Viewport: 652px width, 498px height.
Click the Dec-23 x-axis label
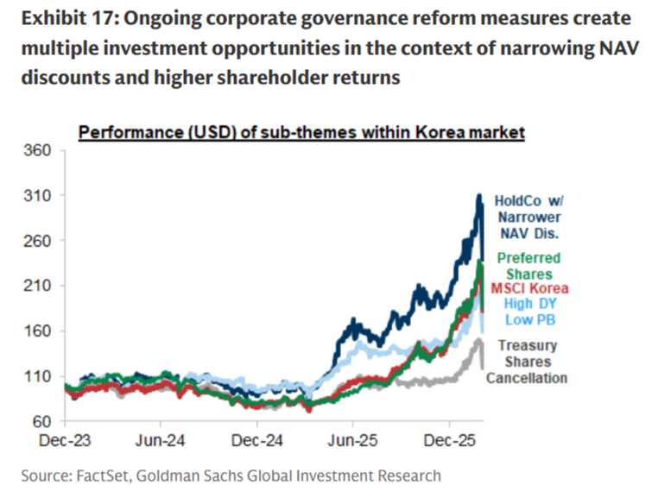click(66, 440)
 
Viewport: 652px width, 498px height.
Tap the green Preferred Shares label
click(527, 265)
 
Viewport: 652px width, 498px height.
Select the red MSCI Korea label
click(530, 288)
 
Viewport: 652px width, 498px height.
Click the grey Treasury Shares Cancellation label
click(527, 362)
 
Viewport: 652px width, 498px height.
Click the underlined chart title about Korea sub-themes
click(301, 133)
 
